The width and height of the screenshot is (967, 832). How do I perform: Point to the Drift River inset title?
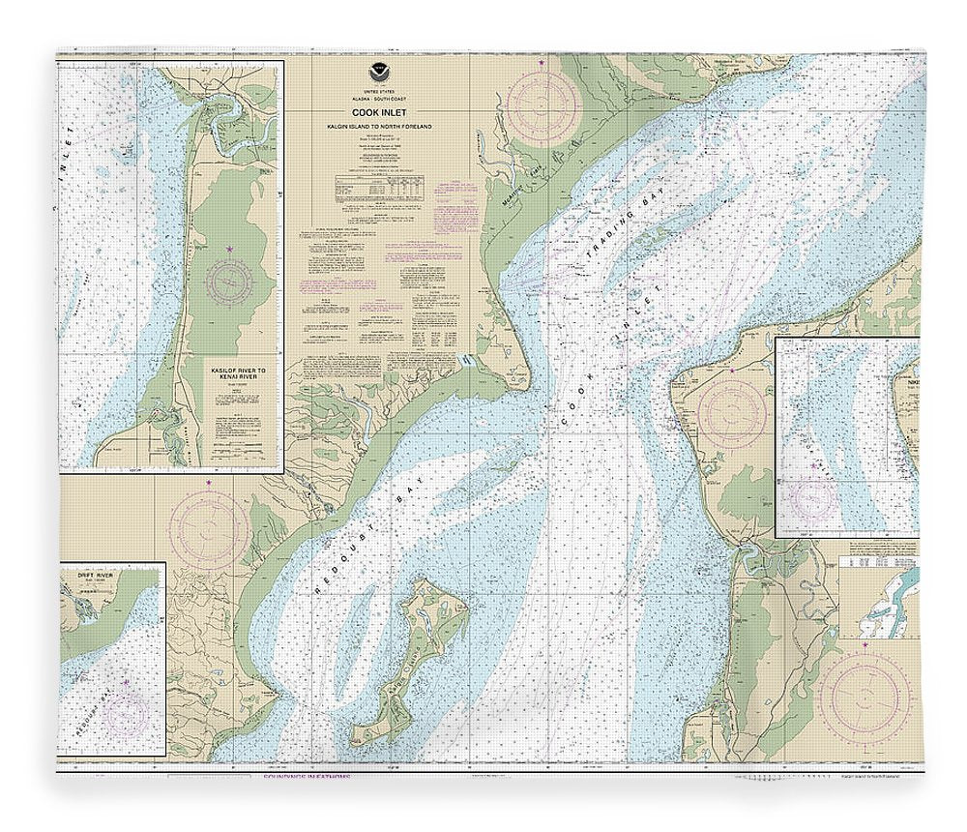97,575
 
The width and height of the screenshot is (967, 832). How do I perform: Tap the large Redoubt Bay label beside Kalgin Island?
359,528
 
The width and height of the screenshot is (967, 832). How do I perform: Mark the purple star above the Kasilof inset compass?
230,251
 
